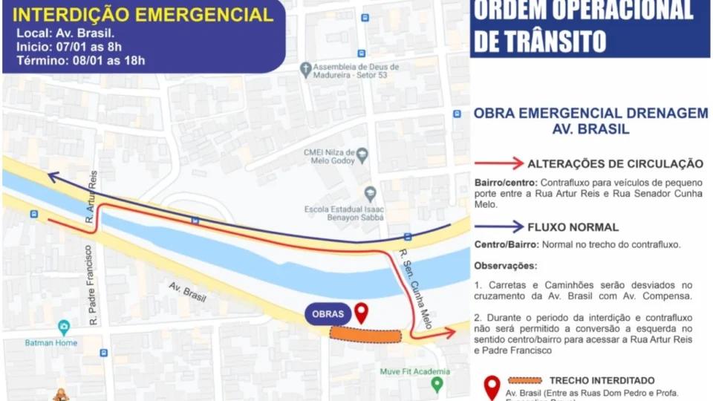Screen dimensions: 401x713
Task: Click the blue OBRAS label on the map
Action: click(x=328, y=313)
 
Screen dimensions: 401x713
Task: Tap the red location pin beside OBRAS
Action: click(x=361, y=313)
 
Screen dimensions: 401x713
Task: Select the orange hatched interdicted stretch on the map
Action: click(x=365, y=335)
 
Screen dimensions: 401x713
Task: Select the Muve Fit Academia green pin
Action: click(x=437, y=384)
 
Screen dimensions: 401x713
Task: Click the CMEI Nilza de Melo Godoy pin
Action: click(x=362, y=155)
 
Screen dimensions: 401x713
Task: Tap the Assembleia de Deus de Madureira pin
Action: click(x=305, y=70)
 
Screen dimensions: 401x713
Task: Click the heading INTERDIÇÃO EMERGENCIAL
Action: click(x=143, y=16)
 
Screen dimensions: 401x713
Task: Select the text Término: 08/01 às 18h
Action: click(x=81, y=61)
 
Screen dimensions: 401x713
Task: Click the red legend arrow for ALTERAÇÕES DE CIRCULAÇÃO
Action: click(x=498, y=163)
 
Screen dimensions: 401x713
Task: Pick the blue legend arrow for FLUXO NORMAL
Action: click(x=498, y=226)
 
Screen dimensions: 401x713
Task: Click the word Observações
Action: click(x=505, y=265)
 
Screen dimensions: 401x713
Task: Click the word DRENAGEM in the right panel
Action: click(x=668, y=113)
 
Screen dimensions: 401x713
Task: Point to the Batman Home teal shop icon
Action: click(x=64, y=327)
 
